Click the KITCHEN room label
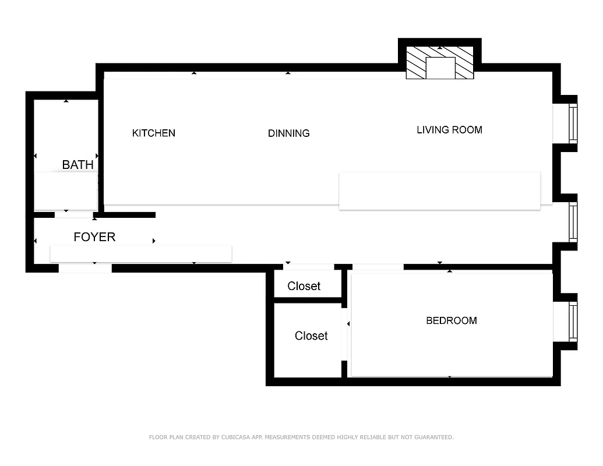pyautogui.click(x=154, y=133)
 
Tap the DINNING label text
pyautogui.click(x=288, y=133)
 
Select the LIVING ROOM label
pyautogui.click(x=449, y=130)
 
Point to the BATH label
pyautogui.click(x=78, y=165)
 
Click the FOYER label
pyautogui.click(x=94, y=237)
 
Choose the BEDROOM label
pyautogui.click(x=452, y=320)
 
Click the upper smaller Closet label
pyautogui.click(x=304, y=286)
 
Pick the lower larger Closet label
pyautogui.click(x=311, y=336)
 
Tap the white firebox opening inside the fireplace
pyautogui.click(x=440, y=68)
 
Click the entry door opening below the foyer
pyautogui.click(x=85, y=269)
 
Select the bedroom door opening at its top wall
pyautogui.click(x=378, y=267)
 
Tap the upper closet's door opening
pyautogui.click(x=309, y=267)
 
